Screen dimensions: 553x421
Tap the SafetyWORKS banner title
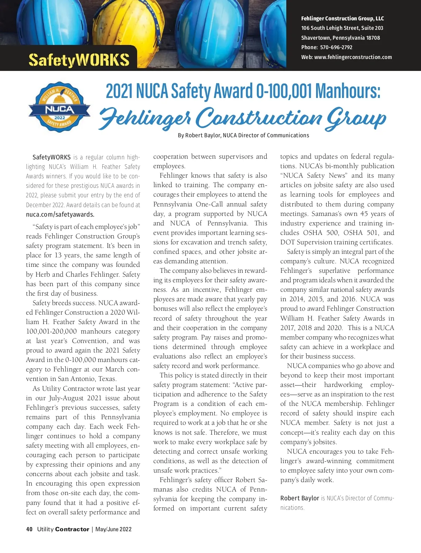pyautogui.click(x=79, y=60)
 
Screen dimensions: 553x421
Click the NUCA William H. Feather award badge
pyautogui.click(x=59, y=107)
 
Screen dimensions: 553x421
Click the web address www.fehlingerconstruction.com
pyautogui.click(x=353, y=57)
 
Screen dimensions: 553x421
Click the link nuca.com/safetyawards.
pyautogui.click(x=60, y=214)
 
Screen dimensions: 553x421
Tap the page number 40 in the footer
pyautogui.click(x=29, y=529)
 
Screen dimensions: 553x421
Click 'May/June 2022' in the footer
pyautogui.click(x=113, y=529)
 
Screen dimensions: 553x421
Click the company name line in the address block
pyautogui.click(x=342, y=19)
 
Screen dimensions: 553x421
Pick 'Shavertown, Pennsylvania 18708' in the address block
pyautogui.click(x=340, y=38)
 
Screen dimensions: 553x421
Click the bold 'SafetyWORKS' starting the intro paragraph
pyautogui.click(x=52, y=157)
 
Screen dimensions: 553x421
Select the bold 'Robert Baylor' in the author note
pyautogui.click(x=300, y=498)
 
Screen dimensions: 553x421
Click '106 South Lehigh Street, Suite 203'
pyautogui.click(x=342, y=28)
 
